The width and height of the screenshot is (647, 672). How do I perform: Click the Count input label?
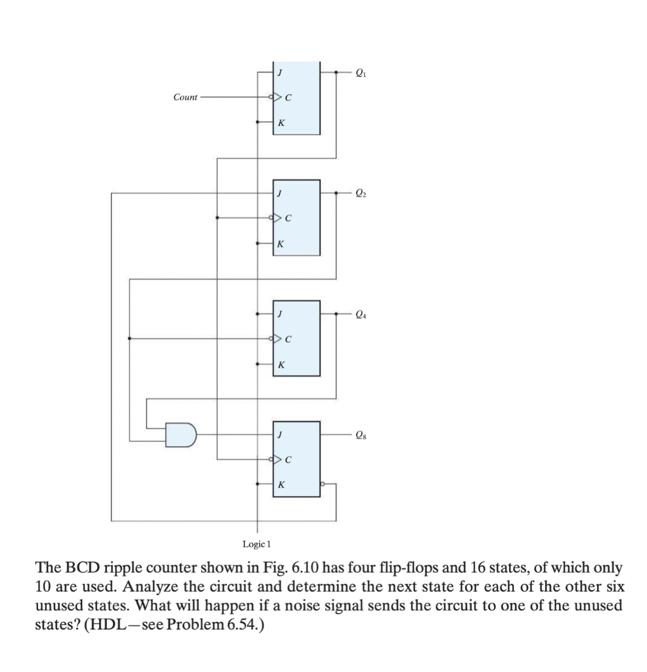(185, 97)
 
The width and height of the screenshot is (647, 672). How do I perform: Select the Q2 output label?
(359, 193)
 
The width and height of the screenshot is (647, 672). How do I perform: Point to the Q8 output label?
(359, 434)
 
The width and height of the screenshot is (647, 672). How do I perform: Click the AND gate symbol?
(181, 434)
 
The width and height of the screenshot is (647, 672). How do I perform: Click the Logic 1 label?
(257, 544)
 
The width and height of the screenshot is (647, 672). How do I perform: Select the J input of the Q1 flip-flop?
(280, 73)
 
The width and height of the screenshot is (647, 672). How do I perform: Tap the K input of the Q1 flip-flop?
(281, 122)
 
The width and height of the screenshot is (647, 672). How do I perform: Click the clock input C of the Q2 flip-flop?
(288, 219)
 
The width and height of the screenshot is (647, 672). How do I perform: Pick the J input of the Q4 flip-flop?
(280, 314)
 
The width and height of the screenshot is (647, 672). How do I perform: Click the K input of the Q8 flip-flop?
(281, 484)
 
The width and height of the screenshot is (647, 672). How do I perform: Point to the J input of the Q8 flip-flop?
(280, 435)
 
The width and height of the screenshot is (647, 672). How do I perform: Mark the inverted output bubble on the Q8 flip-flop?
(323, 484)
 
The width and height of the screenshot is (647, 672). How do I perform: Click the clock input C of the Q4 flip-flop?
(288, 339)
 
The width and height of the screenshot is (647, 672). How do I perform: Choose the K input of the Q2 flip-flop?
(281, 243)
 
